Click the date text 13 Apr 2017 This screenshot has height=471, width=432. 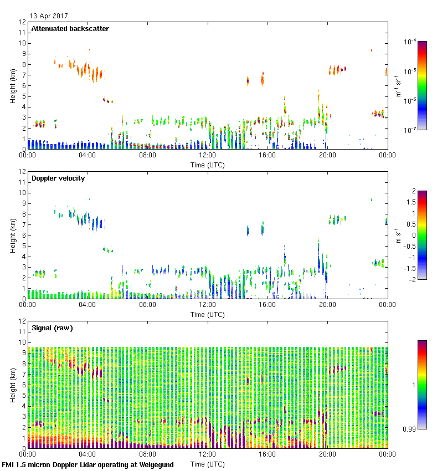[x=49, y=16]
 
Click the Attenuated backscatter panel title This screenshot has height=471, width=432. [x=70, y=29]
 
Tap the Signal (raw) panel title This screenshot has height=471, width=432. [x=52, y=328]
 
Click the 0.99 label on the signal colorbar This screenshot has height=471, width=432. [x=409, y=428]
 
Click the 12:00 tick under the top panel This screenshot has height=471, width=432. [x=208, y=156]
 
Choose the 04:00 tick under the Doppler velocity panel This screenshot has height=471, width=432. [x=88, y=305]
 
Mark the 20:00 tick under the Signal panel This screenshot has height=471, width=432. [x=327, y=454]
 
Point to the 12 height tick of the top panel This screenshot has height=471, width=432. [x=23, y=22]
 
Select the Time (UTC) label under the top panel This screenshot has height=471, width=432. [x=208, y=165]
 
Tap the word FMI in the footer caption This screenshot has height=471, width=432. [x=8, y=464]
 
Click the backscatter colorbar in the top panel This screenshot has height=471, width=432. [x=422, y=85]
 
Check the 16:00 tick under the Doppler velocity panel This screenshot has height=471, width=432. [x=268, y=305]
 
